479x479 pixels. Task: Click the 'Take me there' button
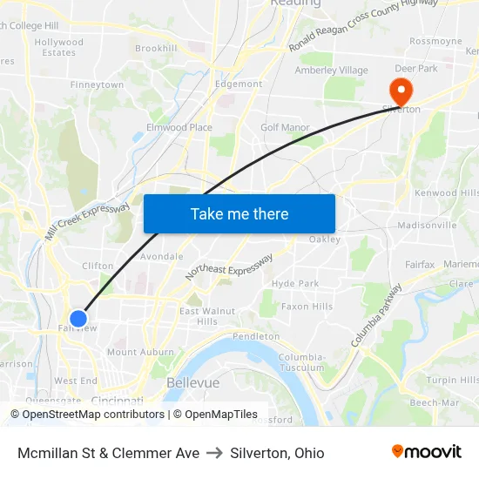239,213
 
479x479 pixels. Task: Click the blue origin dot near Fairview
78,319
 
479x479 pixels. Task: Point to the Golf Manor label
285,128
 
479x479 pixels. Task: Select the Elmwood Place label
179,128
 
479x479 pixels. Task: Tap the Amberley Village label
331,71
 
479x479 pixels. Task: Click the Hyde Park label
295,284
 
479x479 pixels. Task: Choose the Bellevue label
192,383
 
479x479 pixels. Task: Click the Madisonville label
427,225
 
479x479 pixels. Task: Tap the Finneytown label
97,85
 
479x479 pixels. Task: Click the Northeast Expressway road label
229,267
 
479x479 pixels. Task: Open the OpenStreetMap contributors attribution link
93,415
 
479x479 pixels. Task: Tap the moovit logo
426,451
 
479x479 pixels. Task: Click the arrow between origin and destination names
214,453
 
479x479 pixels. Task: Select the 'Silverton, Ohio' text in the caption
277,453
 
